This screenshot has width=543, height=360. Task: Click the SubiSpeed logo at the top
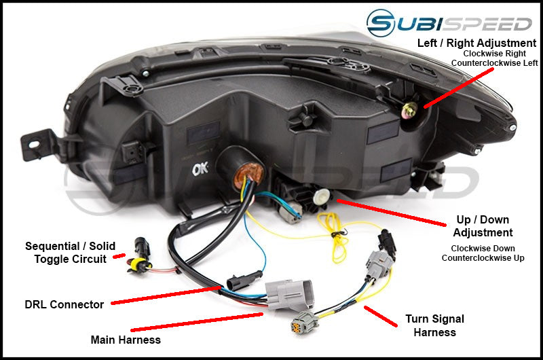[449, 23]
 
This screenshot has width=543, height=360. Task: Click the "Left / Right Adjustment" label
[477, 43]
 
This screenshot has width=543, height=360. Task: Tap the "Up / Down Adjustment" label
[483, 226]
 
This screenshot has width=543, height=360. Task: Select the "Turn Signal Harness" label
[435, 325]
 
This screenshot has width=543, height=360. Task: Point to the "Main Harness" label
[126, 339]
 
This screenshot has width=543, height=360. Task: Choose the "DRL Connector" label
[64, 305]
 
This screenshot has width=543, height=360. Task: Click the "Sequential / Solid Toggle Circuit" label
[70, 252]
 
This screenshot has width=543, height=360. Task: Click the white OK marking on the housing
[201, 167]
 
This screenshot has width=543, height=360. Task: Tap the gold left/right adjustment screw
[410, 109]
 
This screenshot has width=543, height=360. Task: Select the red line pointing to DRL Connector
[166, 295]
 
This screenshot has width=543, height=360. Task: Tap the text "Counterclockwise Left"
[495, 62]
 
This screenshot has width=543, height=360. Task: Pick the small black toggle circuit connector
[141, 245]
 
